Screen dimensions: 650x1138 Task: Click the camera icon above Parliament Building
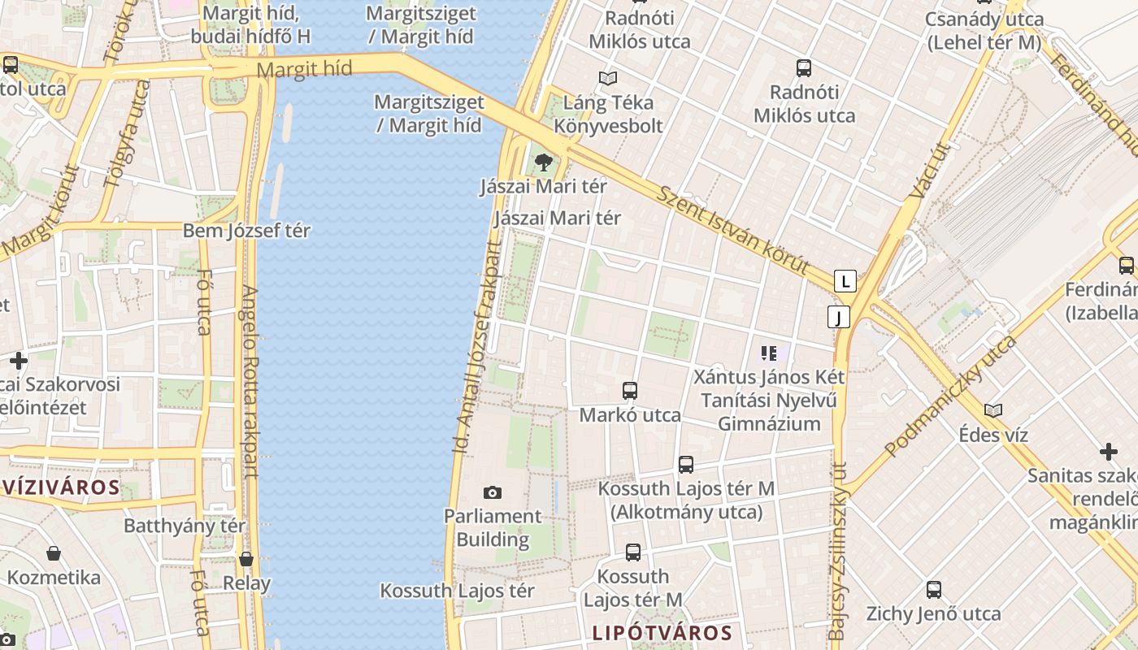click(x=492, y=492)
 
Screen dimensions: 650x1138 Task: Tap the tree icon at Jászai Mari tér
click(x=543, y=162)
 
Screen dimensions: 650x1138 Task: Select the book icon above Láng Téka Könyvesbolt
click(x=607, y=79)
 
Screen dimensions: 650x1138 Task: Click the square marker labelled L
click(x=845, y=282)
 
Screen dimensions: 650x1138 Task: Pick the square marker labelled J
click(x=838, y=317)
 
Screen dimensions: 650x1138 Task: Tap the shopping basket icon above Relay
click(x=246, y=559)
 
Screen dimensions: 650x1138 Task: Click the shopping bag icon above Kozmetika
click(x=54, y=554)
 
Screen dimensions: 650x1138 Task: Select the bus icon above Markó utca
click(x=629, y=391)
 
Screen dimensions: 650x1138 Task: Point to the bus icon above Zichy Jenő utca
click(x=933, y=590)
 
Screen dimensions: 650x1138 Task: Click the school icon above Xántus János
click(x=768, y=353)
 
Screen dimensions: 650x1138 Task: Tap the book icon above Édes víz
click(x=992, y=410)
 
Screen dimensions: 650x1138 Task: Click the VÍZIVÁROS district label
click(x=60, y=488)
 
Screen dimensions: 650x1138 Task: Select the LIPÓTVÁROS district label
click(x=662, y=633)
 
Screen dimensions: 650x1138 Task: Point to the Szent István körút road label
click(x=733, y=231)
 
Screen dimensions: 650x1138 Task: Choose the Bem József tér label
click(x=246, y=230)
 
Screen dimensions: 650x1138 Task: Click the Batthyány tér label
click(x=185, y=526)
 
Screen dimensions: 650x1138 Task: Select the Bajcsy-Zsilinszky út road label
click(x=838, y=551)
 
